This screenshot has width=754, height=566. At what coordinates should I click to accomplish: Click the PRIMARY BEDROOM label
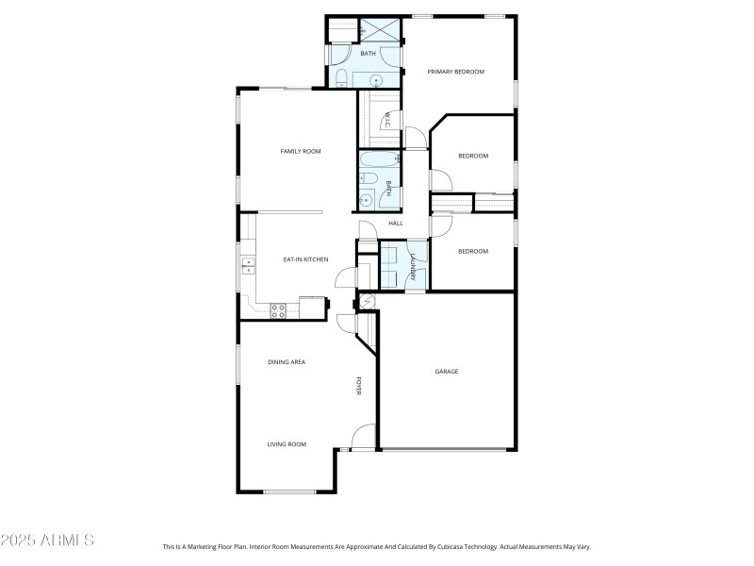[x=455, y=72]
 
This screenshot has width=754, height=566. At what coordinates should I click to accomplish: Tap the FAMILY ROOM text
[x=301, y=151]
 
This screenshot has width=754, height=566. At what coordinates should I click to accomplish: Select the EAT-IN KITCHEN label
[x=305, y=258]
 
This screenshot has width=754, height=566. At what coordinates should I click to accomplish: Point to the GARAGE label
[x=447, y=372]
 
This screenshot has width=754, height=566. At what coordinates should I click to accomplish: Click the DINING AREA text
[x=287, y=362]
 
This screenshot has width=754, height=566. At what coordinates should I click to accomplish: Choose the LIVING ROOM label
[x=287, y=444]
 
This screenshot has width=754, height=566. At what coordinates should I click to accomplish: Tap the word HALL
[x=396, y=224]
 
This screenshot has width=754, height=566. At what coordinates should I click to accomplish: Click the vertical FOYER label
[x=358, y=386]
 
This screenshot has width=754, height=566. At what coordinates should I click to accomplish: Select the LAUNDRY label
[x=413, y=265]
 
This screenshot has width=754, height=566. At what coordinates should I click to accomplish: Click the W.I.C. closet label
[x=386, y=120]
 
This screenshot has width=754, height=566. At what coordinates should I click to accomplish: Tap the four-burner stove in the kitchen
[x=278, y=308]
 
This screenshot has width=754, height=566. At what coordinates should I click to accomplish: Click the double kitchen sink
[x=247, y=265]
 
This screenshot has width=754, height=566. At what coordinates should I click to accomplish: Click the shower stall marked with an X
[x=383, y=29]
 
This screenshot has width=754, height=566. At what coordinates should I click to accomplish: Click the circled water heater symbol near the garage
[x=367, y=301]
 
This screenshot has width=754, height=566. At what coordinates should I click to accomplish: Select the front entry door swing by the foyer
[x=361, y=437]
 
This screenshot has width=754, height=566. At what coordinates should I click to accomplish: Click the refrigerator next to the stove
[x=311, y=308]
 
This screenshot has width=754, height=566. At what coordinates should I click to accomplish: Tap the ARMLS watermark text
[x=47, y=541]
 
